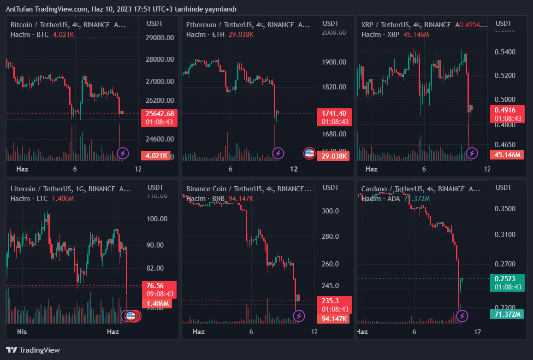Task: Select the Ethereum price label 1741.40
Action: [334, 113]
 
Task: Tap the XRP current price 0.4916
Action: [508, 110]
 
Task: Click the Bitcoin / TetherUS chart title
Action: [68, 24]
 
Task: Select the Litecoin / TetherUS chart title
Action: [70, 189]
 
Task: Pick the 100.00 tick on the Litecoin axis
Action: [155, 218]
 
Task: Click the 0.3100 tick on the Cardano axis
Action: [505, 235]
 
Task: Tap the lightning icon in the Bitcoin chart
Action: [123, 153]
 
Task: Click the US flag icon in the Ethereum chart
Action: [309, 153]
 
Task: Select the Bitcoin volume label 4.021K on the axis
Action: [157, 156]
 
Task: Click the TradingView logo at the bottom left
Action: [33, 350]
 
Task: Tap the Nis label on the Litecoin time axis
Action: [22, 332]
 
